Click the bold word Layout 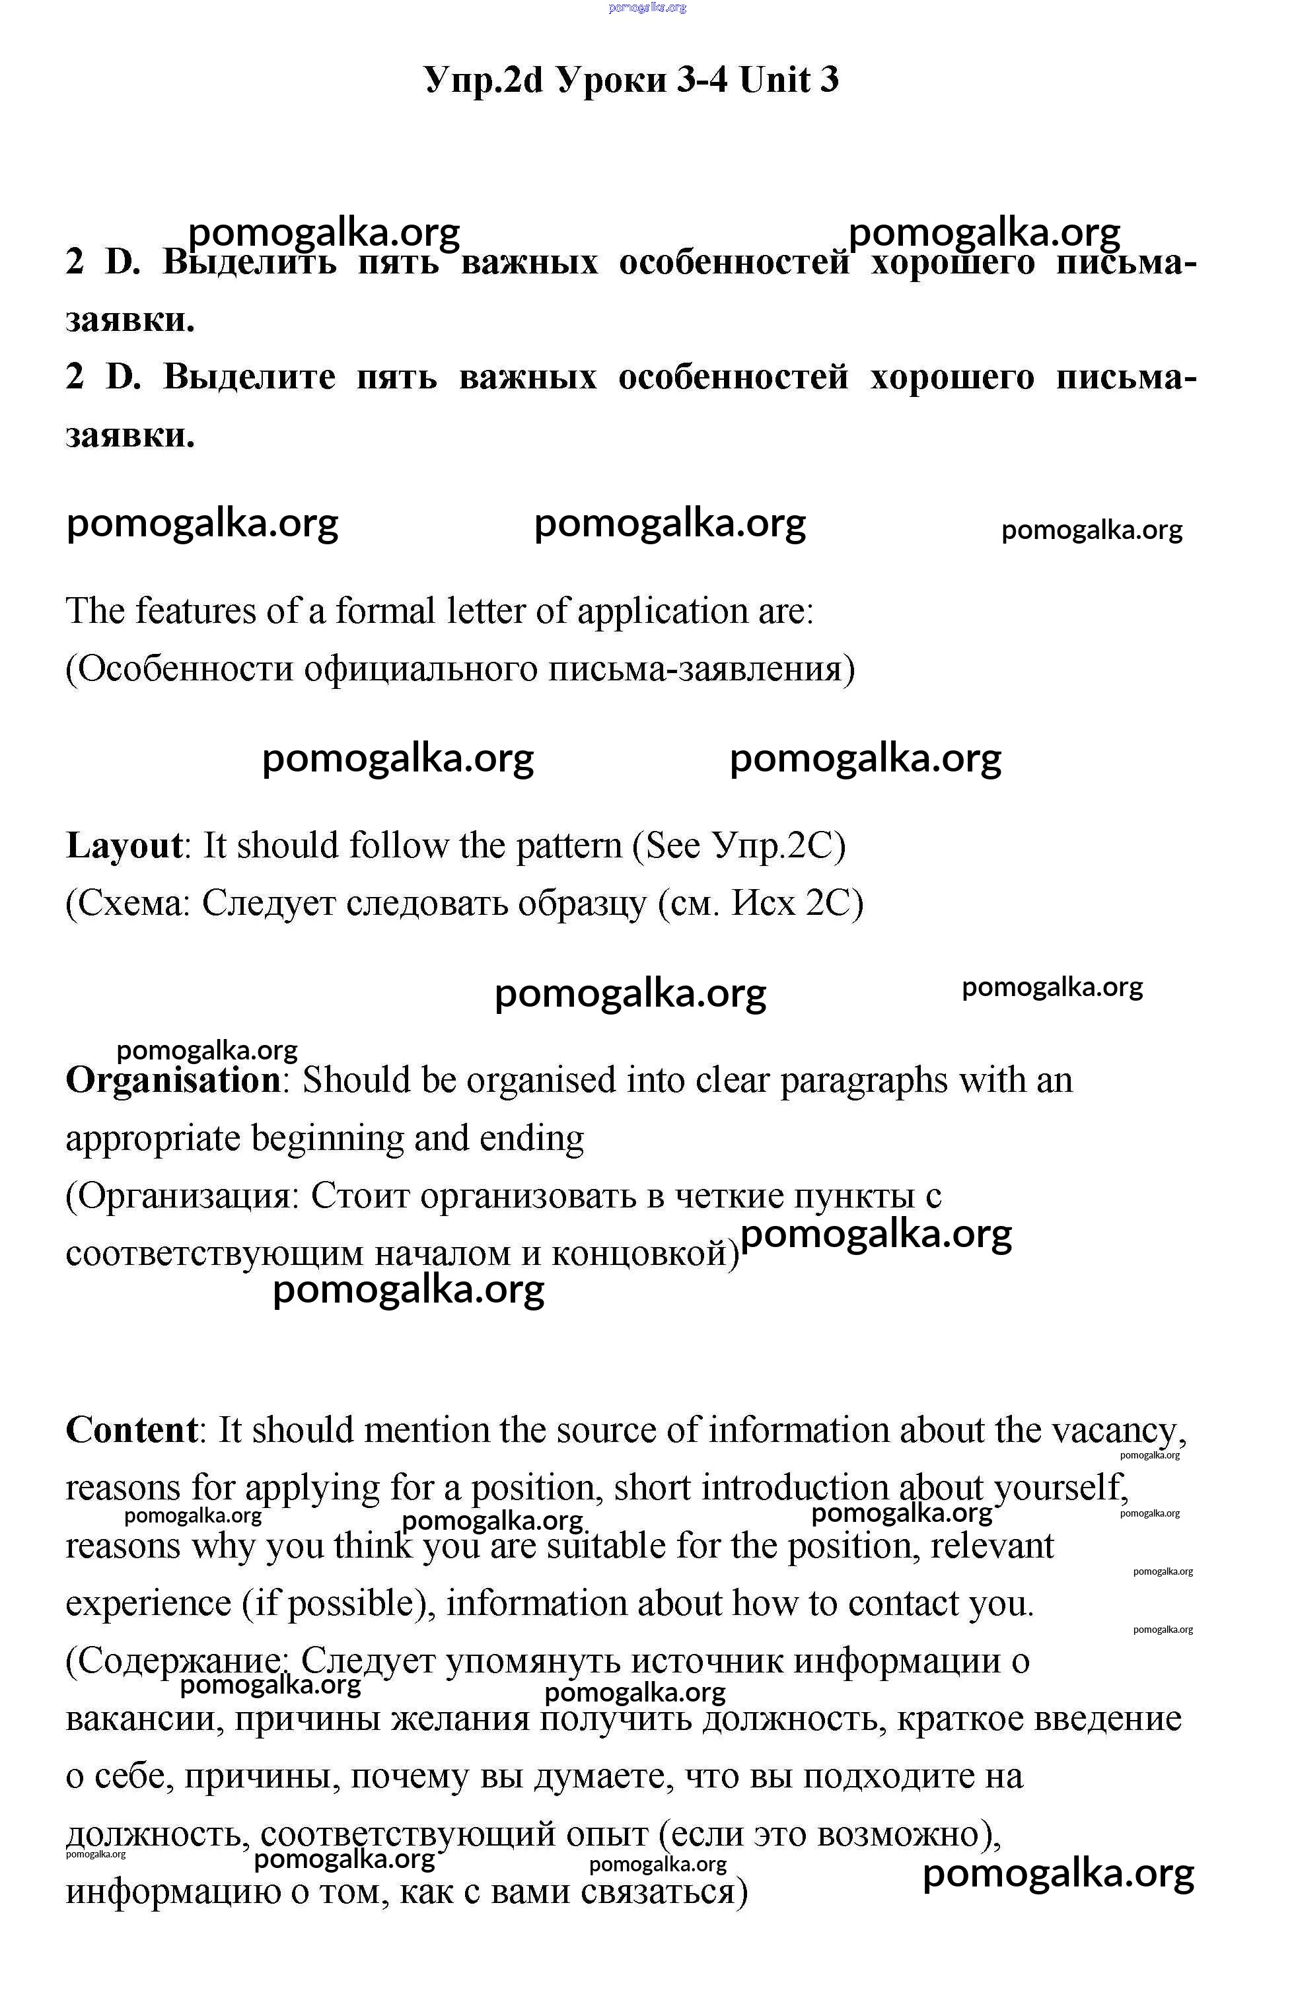pos(124,846)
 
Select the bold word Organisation pos(173,1081)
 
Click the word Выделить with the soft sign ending pos(250,263)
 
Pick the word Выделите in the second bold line pos(249,377)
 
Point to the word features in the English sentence pos(196,611)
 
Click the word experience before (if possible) pos(148,1604)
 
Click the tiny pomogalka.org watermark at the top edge pos(647,7)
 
